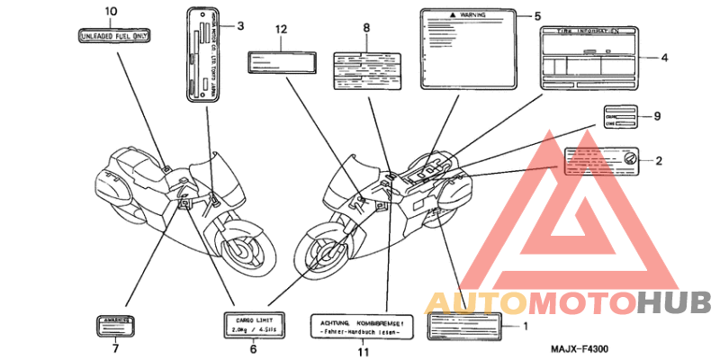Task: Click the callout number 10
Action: (111, 11)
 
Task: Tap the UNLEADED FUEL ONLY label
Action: (115, 36)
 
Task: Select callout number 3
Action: (240, 25)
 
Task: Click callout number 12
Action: (281, 30)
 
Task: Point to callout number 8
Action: (366, 28)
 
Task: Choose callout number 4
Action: (664, 58)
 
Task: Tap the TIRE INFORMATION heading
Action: (589, 30)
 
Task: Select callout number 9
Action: (658, 116)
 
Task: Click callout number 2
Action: (658, 161)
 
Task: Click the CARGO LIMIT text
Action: (255, 319)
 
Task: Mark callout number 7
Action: (115, 348)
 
